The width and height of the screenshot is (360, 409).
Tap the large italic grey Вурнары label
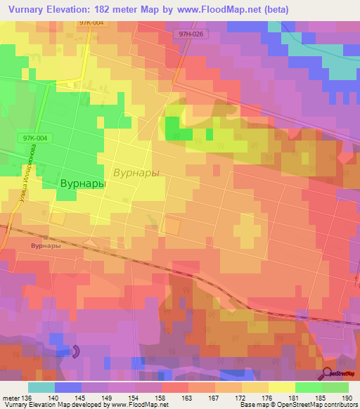[x=136, y=172]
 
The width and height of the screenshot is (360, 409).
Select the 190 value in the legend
[x=348, y=397]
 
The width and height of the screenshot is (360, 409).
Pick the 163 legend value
[x=188, y=397]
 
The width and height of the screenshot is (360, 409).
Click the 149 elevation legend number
[x=108, y=397]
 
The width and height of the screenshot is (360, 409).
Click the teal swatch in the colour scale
[x=41, y=387]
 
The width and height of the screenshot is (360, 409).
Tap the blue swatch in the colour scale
[x=68, y=387]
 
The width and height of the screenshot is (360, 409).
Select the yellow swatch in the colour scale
[x=282, y=387]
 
